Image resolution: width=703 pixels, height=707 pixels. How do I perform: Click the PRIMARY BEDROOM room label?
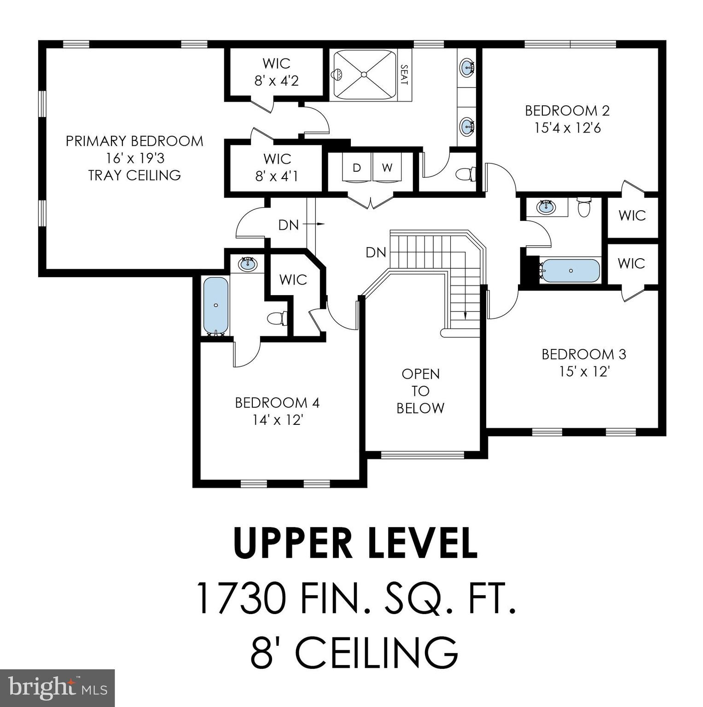click(134, 141)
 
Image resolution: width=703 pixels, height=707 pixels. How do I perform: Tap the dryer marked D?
click(356, 168)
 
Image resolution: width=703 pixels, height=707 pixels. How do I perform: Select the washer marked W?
click(387, 168)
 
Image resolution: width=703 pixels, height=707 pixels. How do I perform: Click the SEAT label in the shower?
click(404, 75)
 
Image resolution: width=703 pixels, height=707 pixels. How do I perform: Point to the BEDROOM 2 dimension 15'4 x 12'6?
click(567, 128)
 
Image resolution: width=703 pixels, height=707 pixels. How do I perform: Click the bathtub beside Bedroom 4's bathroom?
click(215, 305)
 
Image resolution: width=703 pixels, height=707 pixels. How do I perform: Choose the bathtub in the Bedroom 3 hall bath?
click(570, 271)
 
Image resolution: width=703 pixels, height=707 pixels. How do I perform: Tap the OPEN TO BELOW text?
click(420, 391)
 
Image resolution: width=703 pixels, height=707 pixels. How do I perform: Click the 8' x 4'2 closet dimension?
click(276, 81)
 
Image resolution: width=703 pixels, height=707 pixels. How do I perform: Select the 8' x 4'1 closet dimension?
click(277, 176)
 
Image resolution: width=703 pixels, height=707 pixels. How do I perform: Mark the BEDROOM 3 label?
click(583, 354)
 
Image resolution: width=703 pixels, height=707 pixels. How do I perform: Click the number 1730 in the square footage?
click(240, 598)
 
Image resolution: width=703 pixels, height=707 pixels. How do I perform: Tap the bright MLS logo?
click(57, 688)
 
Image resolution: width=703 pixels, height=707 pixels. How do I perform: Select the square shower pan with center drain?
click(364, 74)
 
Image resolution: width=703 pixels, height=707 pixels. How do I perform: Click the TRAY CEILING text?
click(134, 175)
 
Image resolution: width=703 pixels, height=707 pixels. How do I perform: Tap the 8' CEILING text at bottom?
click(354, 653)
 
